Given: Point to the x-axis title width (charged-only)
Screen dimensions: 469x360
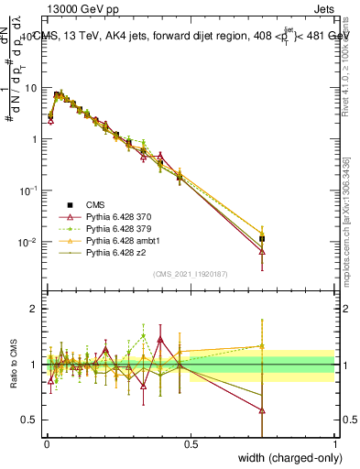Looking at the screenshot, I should pos(285,457).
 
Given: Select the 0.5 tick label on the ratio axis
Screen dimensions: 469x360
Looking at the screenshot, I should pos(30,420).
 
